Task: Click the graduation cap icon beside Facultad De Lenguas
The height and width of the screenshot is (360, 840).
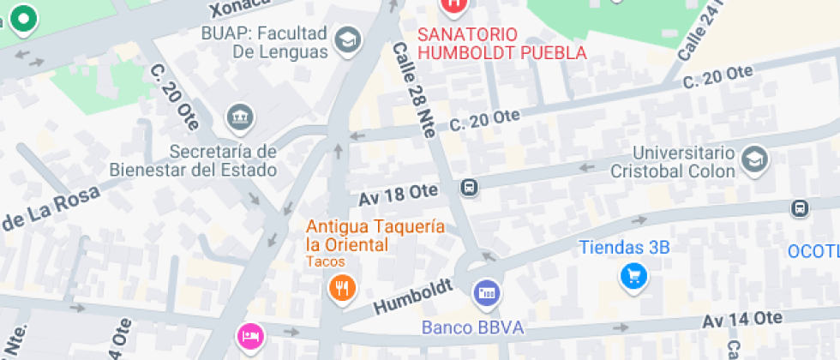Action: [x=347, y=40]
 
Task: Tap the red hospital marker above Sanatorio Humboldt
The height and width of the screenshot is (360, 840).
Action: [x=453, y=3]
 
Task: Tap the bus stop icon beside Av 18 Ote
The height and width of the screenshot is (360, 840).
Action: [x=469, y=187]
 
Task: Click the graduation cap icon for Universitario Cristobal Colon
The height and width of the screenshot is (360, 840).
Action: [x=754, y=159]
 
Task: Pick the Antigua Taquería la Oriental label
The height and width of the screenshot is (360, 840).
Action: [x=375, y=236]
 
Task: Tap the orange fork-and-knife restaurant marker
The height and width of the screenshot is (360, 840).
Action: [x=342, y=288]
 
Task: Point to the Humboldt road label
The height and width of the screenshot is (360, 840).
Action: [x=412, y=297]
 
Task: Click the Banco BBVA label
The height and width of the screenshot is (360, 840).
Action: [x=472, y=327]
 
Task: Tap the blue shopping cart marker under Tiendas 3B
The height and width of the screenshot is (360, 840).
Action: [x=633, y=275]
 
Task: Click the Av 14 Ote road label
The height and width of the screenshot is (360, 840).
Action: [x=742, y=320]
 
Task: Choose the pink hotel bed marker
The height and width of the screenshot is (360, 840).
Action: [x=249, y=333]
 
